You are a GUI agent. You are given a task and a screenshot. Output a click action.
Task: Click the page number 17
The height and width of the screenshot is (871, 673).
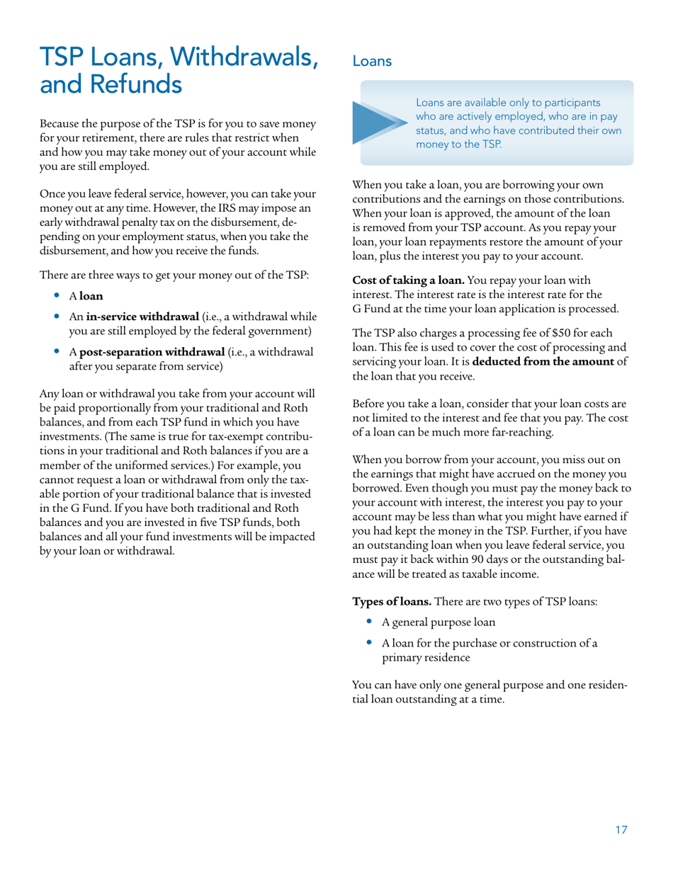tap(621, 830)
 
